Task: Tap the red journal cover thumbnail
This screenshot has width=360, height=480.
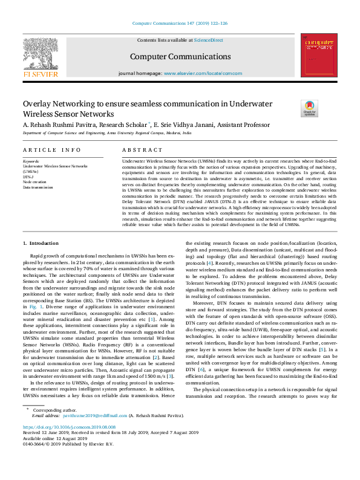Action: tap(318, 55)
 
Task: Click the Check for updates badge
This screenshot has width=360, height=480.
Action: tap(309, 108)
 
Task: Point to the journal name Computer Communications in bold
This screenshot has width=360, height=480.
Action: tap(180, 56)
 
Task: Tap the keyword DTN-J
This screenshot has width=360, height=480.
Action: tap(30, 177)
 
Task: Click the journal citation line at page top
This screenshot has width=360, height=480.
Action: tap(180, 23)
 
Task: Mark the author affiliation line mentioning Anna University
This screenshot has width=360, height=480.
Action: tap(106, 132)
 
